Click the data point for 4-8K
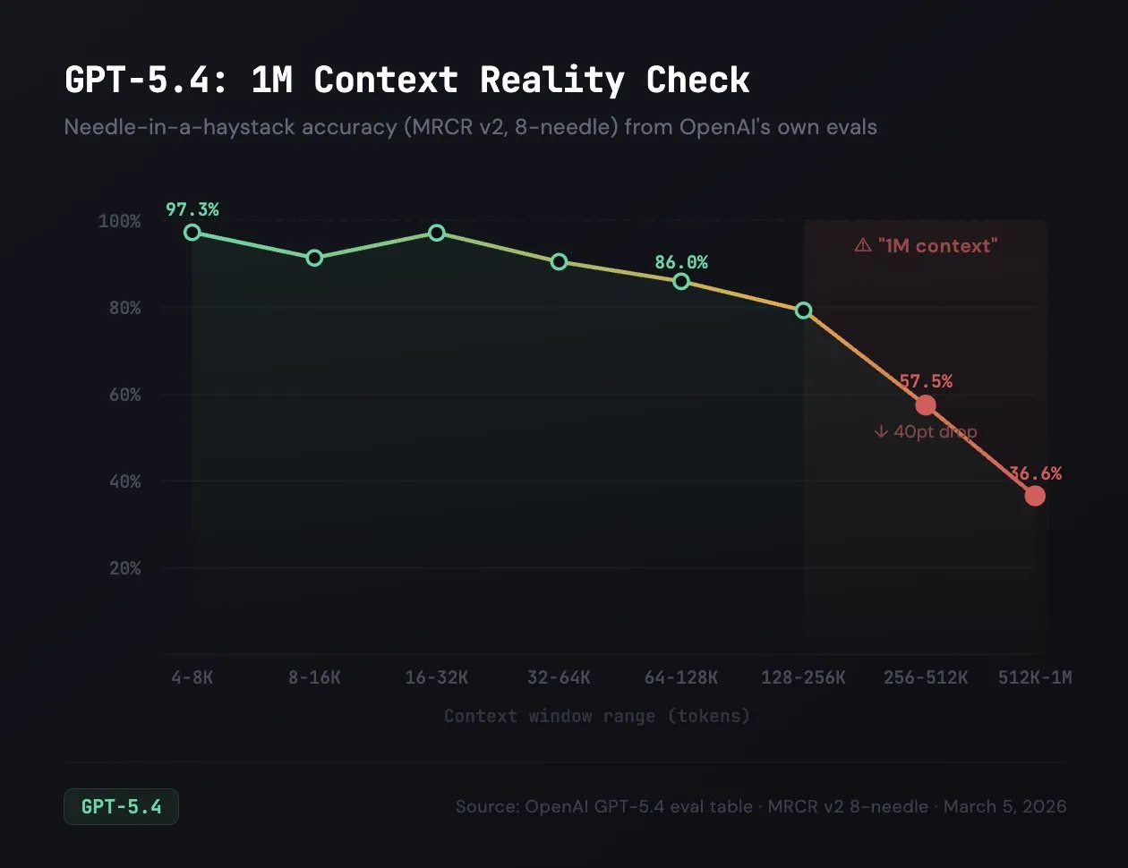[x=192, y=233]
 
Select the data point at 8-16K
[x=314, y=258]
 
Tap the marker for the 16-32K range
[x=437, y=233]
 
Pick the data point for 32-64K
[x=559, y=262]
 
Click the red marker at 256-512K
[x=926, y=405]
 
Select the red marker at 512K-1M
[x=1035, y=496]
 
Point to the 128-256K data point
[x=804, y=311]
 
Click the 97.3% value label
[x=192, y=209]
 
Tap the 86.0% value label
[x=681, y=262]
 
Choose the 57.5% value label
[x=926, y=381]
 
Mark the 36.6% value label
[x=1035, y=473]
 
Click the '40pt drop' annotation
[x=926, y=431]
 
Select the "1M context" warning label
[x=926, y=245]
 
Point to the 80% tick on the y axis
[x=124, y=308]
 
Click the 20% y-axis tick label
[x=124, y=568]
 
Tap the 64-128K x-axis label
[x=681, y=677]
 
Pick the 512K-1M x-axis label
[x=1035, y=677]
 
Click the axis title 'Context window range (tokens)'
[x=597, y=716]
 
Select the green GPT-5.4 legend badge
[x=121, y=806]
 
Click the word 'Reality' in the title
[x=552, y=81]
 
